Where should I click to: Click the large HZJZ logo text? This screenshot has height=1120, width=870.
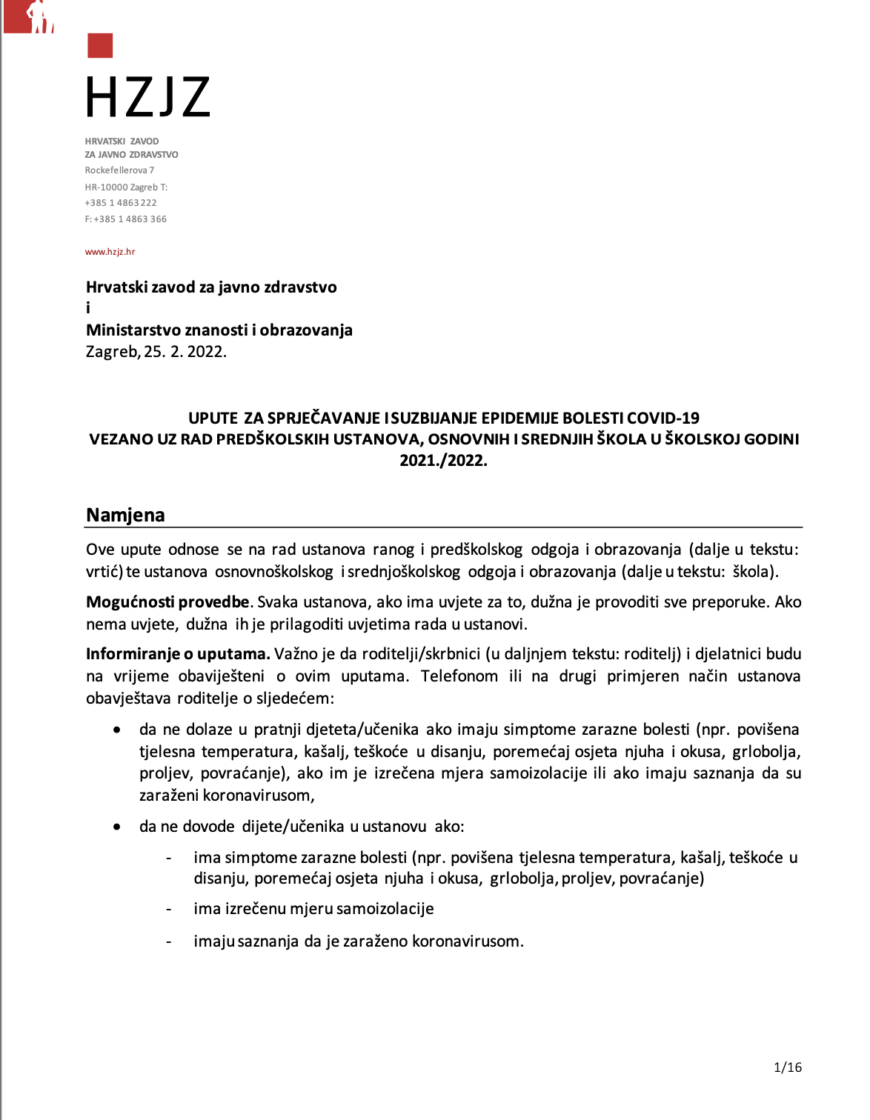click(147, 98)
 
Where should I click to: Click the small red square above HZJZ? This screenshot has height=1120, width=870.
click(100, 45)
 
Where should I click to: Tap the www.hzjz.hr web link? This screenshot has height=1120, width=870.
click(110, 252)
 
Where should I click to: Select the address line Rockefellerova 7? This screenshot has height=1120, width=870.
click(119, 170)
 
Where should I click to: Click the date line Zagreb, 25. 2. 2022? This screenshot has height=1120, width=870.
click(156, 352)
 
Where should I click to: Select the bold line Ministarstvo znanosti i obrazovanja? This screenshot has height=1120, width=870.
click(219, 330)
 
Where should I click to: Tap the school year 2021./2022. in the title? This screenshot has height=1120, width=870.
click(443, 461)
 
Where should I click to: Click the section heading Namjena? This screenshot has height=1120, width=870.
click(125, 515)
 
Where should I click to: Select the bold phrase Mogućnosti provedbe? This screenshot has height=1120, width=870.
click(167, 602)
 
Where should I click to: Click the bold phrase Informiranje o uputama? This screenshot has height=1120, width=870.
click(178, 654)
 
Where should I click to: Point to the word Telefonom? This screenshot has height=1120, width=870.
click(459, 676)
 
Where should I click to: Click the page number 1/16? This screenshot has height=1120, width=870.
click(788, 1067)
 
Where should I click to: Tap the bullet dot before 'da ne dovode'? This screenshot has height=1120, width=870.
click(117, 827)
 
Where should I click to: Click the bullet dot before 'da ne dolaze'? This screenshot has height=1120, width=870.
click(117, 730)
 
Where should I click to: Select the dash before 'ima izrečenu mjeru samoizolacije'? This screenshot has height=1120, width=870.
click(169, 910)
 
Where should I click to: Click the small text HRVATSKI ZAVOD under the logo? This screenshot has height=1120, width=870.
click(122, 141)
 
